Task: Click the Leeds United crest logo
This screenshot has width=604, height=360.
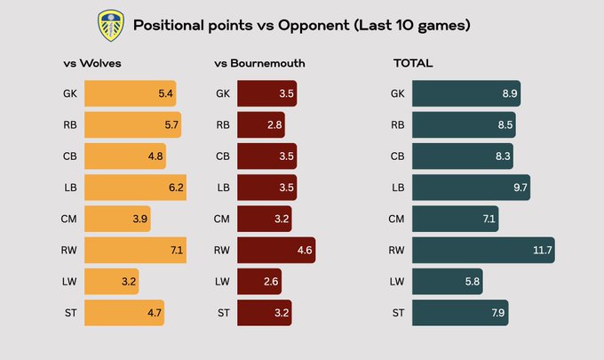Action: [x=110, y=26]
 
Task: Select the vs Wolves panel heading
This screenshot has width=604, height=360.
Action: [x=91, y=64]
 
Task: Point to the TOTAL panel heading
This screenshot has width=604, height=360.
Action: [x=413, y=64]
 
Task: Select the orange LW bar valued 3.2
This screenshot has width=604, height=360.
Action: [x=112, y=282]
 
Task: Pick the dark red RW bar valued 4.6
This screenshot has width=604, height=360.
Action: [x=276, y=251]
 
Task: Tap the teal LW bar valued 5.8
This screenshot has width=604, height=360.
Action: [x=448, y=282]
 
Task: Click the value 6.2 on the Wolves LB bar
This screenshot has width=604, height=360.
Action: [x=176, y=188]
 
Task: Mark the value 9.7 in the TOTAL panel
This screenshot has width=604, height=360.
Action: [x=520, y=188]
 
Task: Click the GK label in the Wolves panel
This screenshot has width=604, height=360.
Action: [x=71, y=94]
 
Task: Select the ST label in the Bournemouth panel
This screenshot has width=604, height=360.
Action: [x=223, y=313]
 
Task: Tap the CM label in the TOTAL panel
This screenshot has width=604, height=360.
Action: [x=397, y=219]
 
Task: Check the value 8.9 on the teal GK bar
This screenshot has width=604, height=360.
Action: [x=509, y=94]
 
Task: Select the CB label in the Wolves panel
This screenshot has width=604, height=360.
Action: [x=71, y=156]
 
